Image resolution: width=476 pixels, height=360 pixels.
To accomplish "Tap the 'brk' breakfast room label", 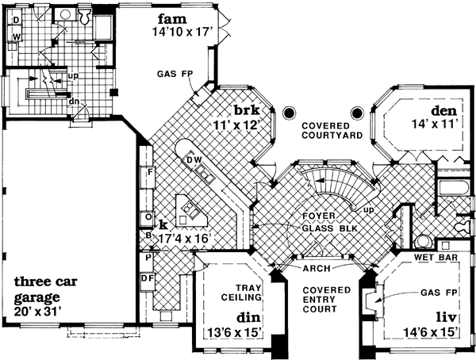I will click(245, 109).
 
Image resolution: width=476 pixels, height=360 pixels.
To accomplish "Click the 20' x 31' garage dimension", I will click(48, 312).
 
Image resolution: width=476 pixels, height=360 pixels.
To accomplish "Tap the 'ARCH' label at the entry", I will click(317, 269).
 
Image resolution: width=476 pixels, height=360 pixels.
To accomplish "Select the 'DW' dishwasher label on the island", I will click(193, 161).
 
